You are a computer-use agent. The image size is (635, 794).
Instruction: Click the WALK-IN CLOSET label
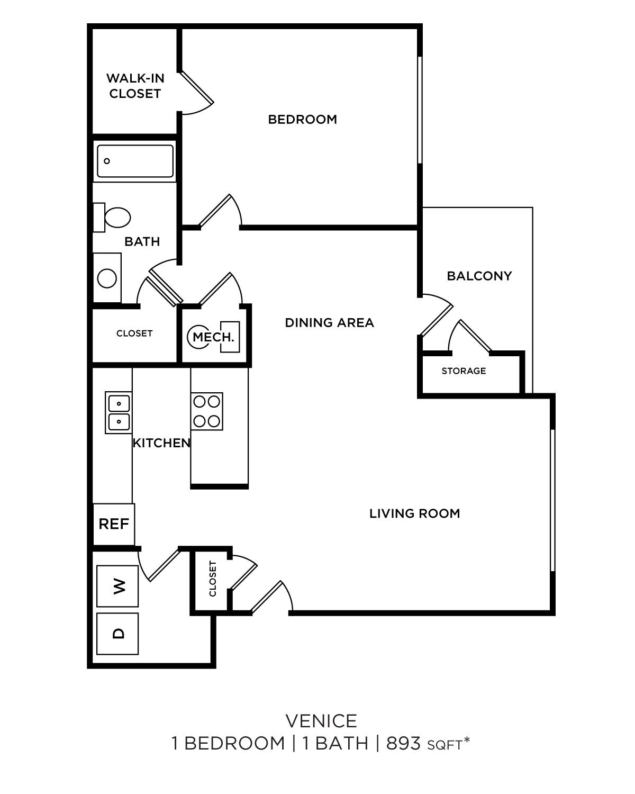135,86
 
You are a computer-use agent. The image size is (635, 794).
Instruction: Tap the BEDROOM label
302,120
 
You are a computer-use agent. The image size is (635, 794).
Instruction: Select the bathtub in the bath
135,161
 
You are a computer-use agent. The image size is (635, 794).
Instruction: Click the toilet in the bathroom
113,218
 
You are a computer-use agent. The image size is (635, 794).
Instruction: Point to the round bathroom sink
107,278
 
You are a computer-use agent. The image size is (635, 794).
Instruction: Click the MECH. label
213,337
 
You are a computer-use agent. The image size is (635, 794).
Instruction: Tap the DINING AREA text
329,323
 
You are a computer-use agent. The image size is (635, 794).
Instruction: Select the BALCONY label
479,276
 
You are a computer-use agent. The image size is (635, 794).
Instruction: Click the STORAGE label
464,371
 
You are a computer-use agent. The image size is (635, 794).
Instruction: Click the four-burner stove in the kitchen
206,411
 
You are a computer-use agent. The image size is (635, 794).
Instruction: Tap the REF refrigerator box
114,524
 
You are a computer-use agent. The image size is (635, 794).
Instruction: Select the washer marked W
117,586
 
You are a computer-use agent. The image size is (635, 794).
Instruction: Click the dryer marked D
117,634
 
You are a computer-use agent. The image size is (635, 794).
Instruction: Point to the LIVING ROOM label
414,513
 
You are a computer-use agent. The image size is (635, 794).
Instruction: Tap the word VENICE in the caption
321,721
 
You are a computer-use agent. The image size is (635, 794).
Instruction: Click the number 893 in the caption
403,743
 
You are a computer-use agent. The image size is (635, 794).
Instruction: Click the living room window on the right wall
552,500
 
